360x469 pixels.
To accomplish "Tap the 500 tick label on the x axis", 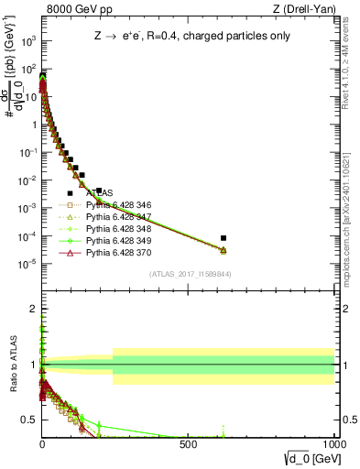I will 188,446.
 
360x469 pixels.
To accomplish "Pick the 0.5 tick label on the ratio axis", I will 30,420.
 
